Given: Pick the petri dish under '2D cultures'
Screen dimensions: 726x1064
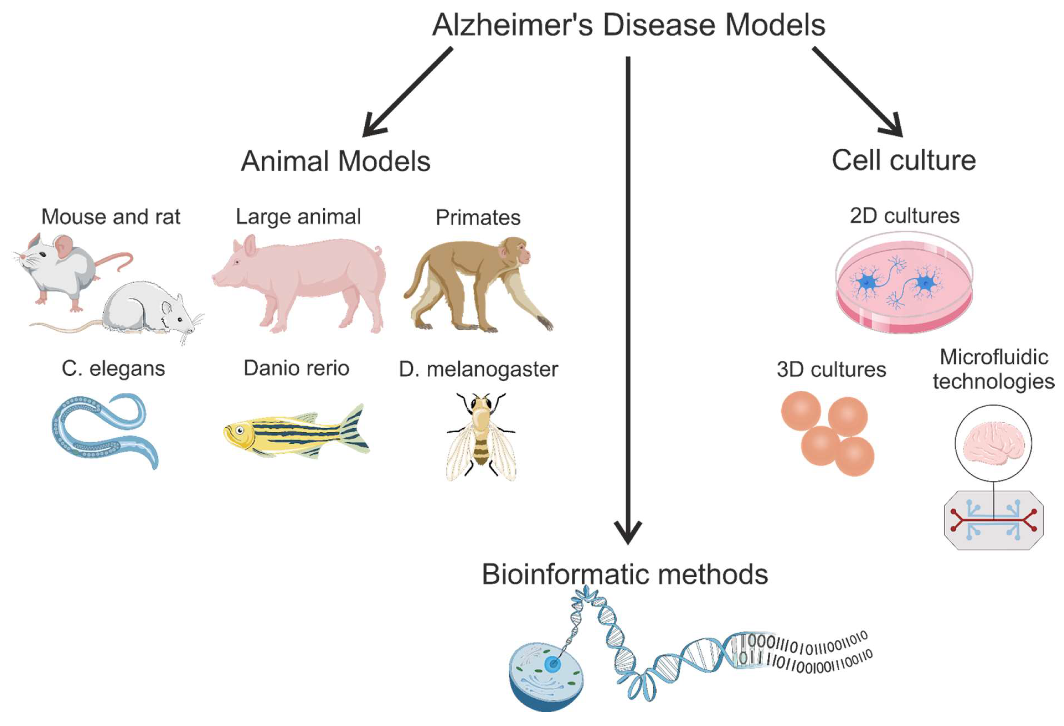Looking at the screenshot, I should (x=904, y=284).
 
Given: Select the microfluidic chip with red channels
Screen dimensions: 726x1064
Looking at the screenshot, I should (x=994, y=521).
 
